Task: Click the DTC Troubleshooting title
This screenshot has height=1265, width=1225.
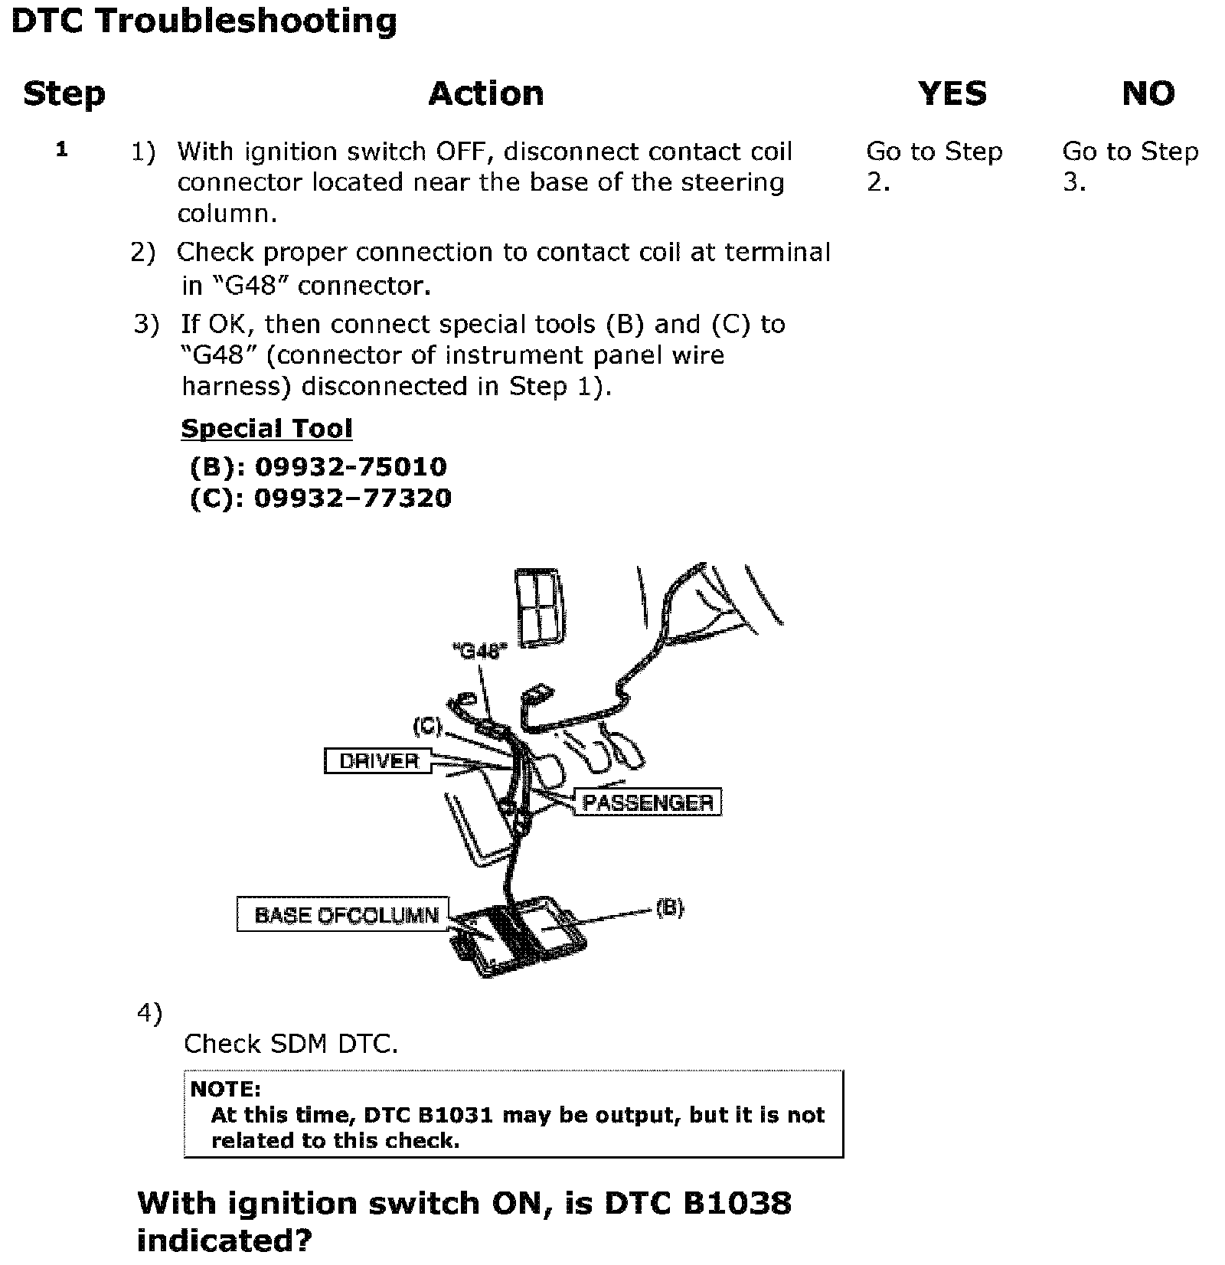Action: click(x=204, y=21)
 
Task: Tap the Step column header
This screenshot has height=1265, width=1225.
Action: click(x=64, y=94)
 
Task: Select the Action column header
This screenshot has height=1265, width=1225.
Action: click(x=486, y=94)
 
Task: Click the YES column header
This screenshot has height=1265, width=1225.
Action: click(x=952, y=94)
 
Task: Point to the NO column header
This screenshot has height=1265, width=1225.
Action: click(x=1148, y=94)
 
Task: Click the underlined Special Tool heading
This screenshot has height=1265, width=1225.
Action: click(x=266, y=429)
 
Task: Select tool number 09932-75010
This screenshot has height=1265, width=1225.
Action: click(x=350, y=466)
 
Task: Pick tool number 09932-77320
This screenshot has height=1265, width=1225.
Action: click(x=352, y=498)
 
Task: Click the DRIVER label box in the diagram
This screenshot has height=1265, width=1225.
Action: click(x=378, y=761)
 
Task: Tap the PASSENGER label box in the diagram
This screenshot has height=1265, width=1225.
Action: click(x=648, y=802)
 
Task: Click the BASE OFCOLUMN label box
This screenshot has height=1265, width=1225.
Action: click(x=344, y=915)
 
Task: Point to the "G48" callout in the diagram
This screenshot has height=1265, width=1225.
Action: click(x=480, y=652)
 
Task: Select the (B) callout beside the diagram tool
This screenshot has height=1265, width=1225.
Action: click(x=670, y=908)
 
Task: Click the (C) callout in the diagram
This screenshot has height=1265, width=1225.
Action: click(x=427, y=726)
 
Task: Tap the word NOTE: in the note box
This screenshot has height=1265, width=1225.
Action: click(x=225, y=1089)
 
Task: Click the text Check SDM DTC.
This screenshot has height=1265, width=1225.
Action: click(x=291, y=1044)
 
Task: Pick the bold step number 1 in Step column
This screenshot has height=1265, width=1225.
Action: click(x=62, y=150)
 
